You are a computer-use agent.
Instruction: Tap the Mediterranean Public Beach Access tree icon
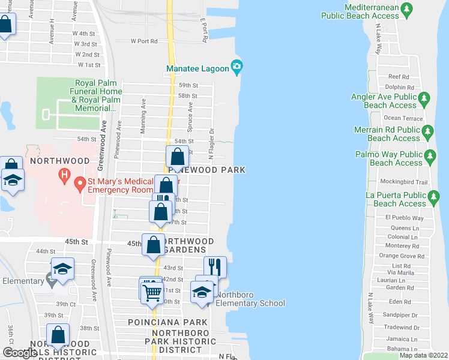coord(408,9)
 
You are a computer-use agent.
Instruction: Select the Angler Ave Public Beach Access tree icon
coord(424,97)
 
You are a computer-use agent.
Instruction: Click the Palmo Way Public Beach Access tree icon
coord(430,157)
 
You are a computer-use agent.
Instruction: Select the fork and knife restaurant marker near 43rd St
coord(214,266)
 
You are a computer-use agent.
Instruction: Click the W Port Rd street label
coord(143,41)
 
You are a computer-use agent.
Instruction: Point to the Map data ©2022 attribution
coord(423,355)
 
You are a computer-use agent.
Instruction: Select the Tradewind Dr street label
coord(397,327)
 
